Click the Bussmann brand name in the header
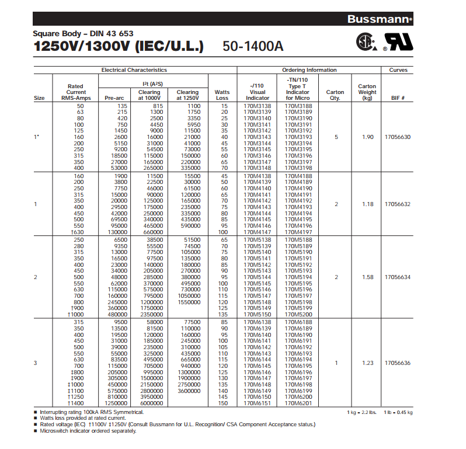378,19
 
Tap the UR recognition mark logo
398,41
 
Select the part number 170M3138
257,106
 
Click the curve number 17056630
398,137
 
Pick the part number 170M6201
298,403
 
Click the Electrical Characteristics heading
134,70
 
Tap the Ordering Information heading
309,70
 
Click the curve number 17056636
398,363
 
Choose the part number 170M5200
298,314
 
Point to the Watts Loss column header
222,95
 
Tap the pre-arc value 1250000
116,403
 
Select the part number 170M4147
257,232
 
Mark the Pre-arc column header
114,98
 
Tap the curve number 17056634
398,277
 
